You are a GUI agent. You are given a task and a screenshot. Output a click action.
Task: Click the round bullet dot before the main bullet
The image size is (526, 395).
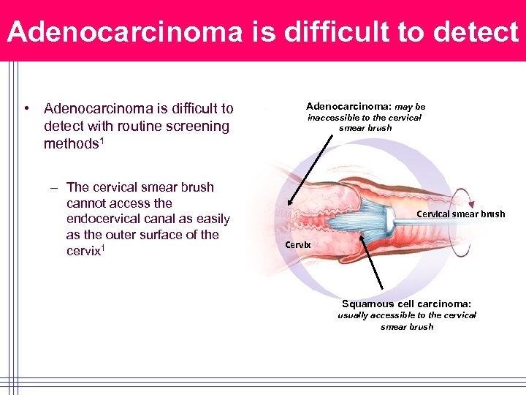point(26,109)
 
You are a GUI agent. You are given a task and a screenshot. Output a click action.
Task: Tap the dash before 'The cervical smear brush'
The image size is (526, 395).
point(54,188)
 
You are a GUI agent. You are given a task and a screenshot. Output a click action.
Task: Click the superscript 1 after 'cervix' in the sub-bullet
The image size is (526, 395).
point(104,247)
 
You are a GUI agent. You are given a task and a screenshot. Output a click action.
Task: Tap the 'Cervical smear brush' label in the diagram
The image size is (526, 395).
point(460,214)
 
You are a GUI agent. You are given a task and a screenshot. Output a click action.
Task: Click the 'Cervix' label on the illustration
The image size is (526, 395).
point(298,244)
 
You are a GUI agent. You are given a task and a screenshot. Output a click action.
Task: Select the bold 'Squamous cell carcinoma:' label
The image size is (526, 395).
point(406,304)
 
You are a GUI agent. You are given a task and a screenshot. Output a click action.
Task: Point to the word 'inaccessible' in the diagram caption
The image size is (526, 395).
point(333,118)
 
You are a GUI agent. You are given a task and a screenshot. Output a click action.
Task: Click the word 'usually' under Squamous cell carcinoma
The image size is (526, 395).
point(354,315)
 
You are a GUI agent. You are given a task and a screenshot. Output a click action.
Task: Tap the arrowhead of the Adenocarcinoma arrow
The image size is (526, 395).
point(290,206)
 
